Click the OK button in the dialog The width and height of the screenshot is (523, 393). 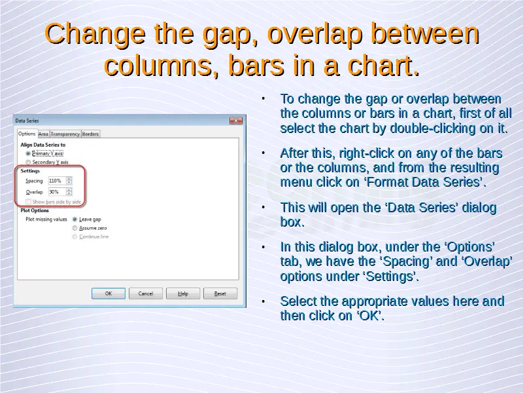tap(109, 293)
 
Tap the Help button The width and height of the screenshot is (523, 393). tap(183, 293)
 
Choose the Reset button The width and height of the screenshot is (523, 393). tap(220, 293)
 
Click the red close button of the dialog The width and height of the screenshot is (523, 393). tap(236, 121)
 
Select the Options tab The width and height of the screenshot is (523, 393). tap(27, 134)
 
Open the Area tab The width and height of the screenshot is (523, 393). tap(43, 134)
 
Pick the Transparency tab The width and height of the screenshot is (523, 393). tap(65, 134)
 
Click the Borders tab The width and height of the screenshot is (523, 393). tap(90, 134)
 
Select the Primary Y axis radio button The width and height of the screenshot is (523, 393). tap(28, 153)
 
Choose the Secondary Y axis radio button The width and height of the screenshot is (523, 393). tap(28, 162)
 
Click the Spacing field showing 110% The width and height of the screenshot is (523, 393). tap(57, 181)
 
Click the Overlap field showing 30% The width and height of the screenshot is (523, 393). tap(57, 192)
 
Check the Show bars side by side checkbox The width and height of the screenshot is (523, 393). tap(28, 202)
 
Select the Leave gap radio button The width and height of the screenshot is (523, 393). tap(75, 219)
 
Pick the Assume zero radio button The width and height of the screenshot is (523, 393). tap(75, 228)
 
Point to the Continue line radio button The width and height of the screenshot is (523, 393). tap(75, 236)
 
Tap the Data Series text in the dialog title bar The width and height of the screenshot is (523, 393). tap(27, 121)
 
